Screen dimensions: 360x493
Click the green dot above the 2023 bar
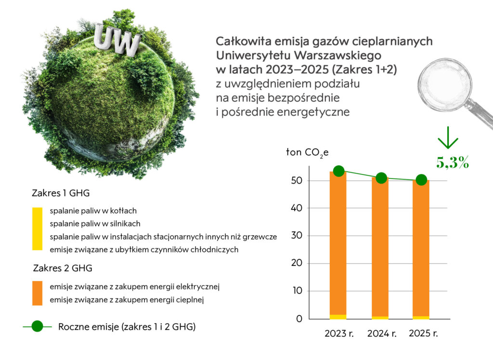tap(338, 171)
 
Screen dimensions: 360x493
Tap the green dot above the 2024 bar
tap(381, 178)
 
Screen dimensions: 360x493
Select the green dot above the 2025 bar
tap(421, 180)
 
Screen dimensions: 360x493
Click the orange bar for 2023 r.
tap(338, 241)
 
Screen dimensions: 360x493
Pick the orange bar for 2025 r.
tap(421, 246)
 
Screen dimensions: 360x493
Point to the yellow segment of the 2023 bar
tap(338, 317)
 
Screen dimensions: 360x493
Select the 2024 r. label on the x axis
tap(381, 333)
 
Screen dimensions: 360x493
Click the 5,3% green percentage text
tap(453, 162)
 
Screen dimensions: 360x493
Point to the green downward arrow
tap(447, 138)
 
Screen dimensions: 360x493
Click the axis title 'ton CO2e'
tap(307, 153)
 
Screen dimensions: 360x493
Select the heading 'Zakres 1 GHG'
tap(61, 193)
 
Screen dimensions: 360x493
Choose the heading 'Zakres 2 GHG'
tap(63, 268)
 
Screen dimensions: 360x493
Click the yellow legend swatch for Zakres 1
tap(37, 229)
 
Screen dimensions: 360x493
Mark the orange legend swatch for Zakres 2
tap(37, 293)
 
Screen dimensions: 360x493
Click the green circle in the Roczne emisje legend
tap(37, 327)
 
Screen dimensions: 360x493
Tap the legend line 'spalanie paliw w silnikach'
tap(95, 224)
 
